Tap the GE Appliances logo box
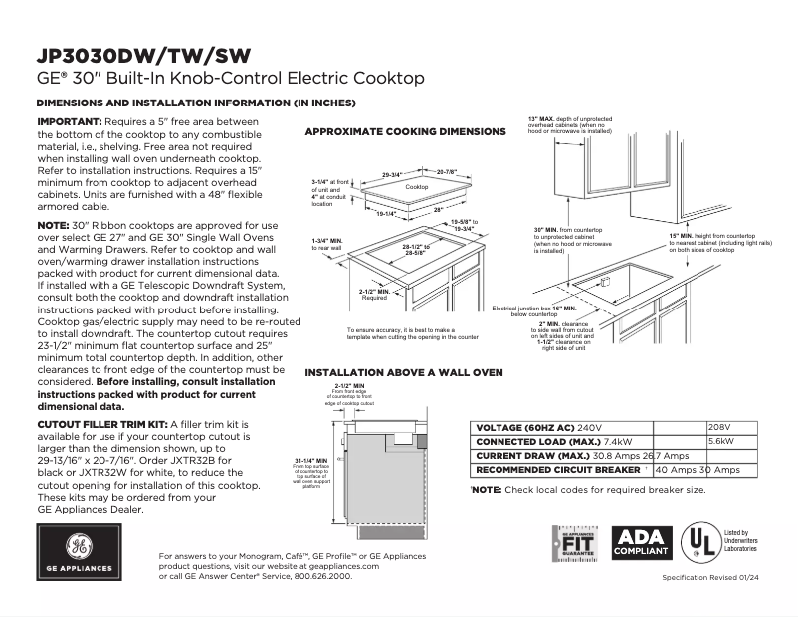click(x=79, y=552)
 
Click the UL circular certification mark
click(x=699, y=543)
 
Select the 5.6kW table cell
click(x=721, y=441)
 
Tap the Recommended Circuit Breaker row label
click(x=558, y=469)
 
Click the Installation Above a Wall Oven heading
click(x=403, y=372)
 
